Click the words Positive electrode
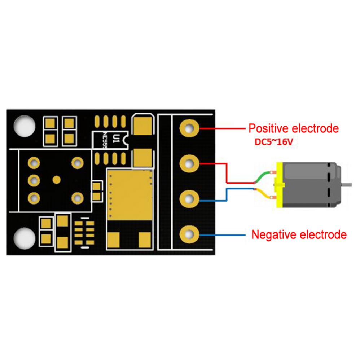click(294, 128)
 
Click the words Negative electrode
click(299, 235)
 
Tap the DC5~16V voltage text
click(272, 142)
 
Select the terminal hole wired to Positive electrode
click(189, 128)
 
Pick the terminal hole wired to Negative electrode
click(189, 235)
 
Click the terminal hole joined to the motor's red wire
click(189, 164)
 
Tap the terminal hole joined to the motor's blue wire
click(189, 199)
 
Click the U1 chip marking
click(116, 138)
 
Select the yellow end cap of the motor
click(279, 185)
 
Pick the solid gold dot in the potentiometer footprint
click(56, 179)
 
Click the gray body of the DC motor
click(312, 185)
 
